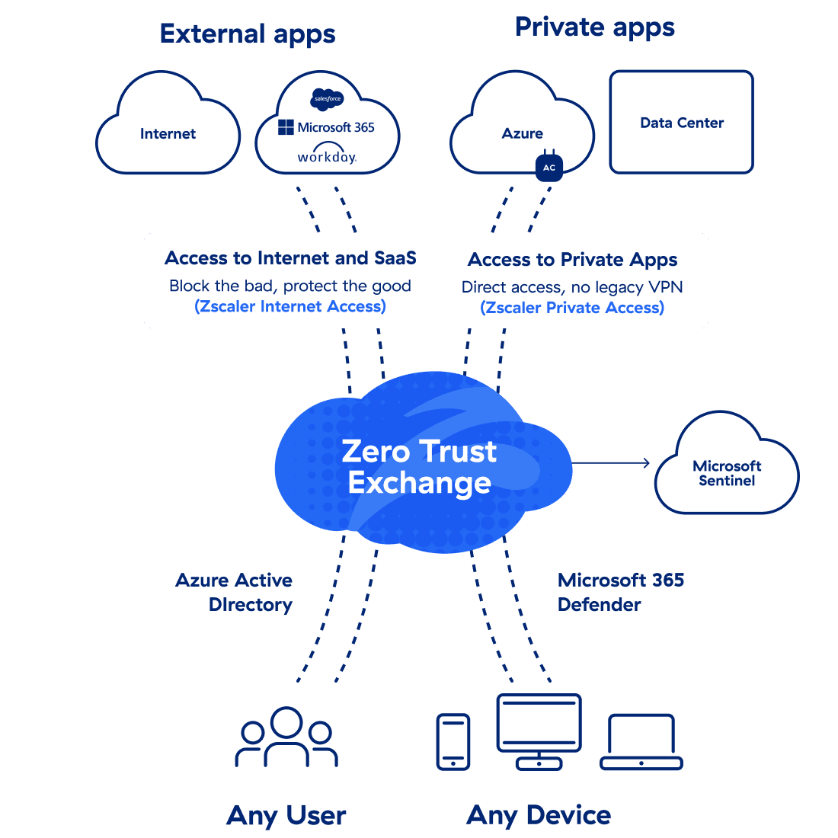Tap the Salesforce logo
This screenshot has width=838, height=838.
pyautogui.click(x=328, y=99)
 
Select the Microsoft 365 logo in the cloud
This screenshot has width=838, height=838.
pyautogui.click(x=327, y=127)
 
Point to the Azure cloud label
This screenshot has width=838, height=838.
pyautogui.click(x=523, y=133)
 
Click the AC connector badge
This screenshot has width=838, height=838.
pyautogui.click(x=549, y=167)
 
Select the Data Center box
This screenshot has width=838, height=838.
pyautogui.click(x=682, y=123)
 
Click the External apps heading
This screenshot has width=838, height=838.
pyautogui.click(x=248, y=34)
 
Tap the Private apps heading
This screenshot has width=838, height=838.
pyautogui.click(x=595, y=27)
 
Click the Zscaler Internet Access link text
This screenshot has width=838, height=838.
pyautogui.click(x=290, y=306)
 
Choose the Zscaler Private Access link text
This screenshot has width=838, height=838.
pyautogui.click(x=572, y=308)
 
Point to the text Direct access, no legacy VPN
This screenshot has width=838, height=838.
pyautogui.click(x=572, y=287)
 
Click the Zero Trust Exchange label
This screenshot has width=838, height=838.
pyautogui.click(x=420, y=467)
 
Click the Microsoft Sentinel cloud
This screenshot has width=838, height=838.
pyautogui.click(x=727, y=472)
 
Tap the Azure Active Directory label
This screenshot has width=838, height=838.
pyautogui.click(x=235, y=592)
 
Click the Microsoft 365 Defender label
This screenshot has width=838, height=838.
pyautogui.click(x=621, y=592)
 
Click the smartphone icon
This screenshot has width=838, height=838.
pyautogui.click(x=453, y=741)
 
